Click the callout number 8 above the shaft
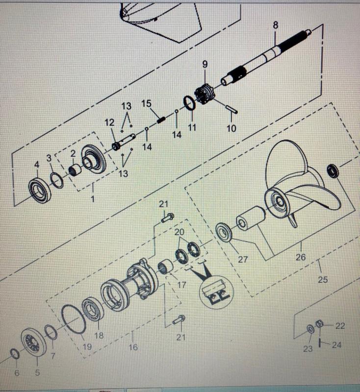coord(275,25)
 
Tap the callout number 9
coord(205,64)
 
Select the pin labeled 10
coord(231,110)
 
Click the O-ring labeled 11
coord(190,103)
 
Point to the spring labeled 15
coord(162,120)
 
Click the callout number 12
coord(109,122)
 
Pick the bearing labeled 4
coord(40,190)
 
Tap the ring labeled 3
coord(57,180)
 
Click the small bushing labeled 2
coord(76,170)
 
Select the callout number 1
coord(93,199)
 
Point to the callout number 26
coord(301,257)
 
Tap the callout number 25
coord(323,279)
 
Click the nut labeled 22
coord(319,324)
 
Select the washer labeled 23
coord(310,329)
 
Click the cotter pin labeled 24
coord(320,343)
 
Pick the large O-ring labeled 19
coord(74,319)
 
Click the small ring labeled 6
coord(15,354)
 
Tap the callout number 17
coord(181,285)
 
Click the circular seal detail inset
coord(216,292)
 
